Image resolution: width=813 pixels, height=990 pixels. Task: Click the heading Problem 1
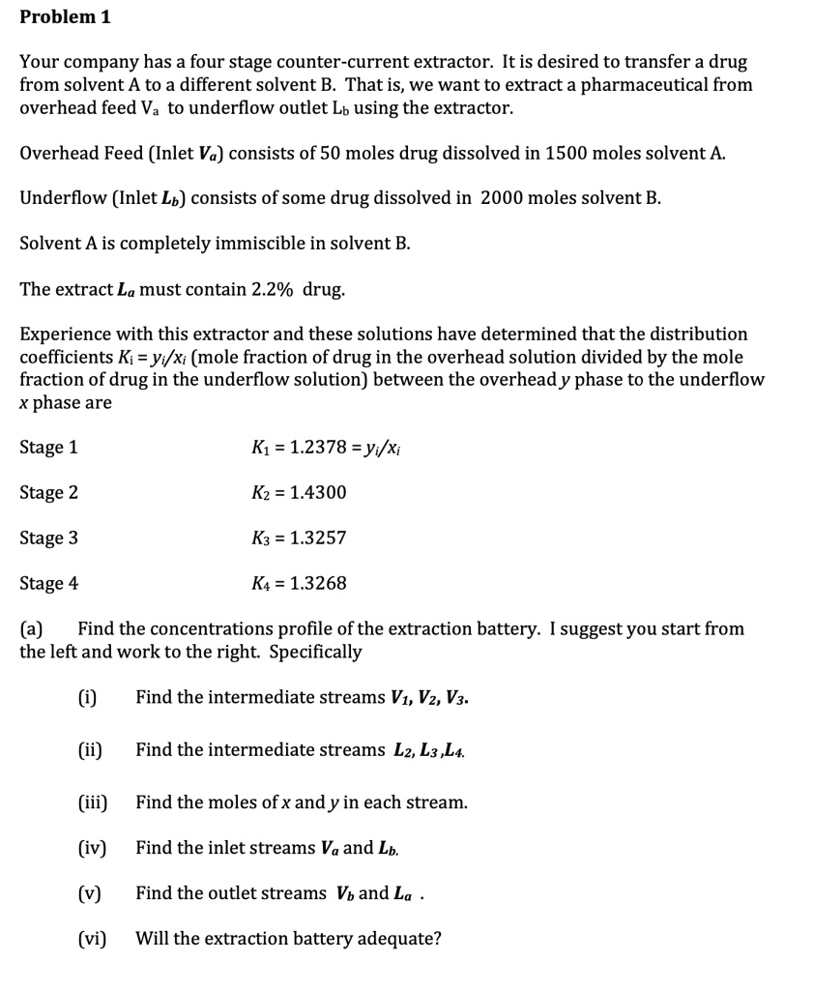click(x=59, y=16)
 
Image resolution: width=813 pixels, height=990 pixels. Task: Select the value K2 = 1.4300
click(x=298, y=492)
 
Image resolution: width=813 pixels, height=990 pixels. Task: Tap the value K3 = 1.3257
click(x=298, y=538)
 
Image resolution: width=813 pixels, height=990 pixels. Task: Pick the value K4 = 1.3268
click(x=298, y=583)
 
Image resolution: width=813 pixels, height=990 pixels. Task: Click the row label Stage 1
click(x=49, y=447)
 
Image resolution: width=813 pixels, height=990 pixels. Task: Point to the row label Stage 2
click(x=49, y=492)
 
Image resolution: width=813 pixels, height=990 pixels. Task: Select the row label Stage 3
click(x=49, y=538)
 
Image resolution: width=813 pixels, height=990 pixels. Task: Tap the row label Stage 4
click(x=49, y=583)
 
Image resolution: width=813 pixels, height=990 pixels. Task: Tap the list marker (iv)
click(x=92, y=848)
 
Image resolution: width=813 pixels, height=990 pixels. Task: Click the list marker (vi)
click(x=92, y=939)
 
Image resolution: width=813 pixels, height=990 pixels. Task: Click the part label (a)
click(x=32, y=629)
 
